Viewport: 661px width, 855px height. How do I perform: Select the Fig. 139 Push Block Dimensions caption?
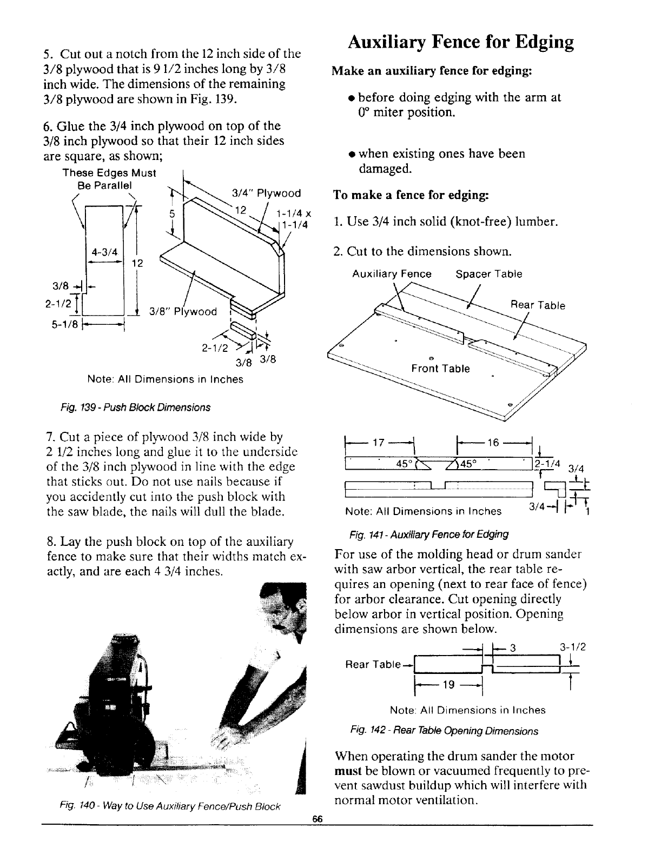151,406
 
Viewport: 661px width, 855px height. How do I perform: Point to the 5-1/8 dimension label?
56,325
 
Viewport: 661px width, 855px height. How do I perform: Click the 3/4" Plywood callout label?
266,193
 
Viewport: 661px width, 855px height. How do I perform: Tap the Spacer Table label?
489,274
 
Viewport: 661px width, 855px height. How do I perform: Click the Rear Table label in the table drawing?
538,305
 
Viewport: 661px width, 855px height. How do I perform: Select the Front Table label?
440,369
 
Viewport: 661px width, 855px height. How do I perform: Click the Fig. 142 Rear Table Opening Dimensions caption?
444,731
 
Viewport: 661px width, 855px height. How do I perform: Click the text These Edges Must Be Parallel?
109,178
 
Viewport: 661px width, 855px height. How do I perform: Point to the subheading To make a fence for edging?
411,195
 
